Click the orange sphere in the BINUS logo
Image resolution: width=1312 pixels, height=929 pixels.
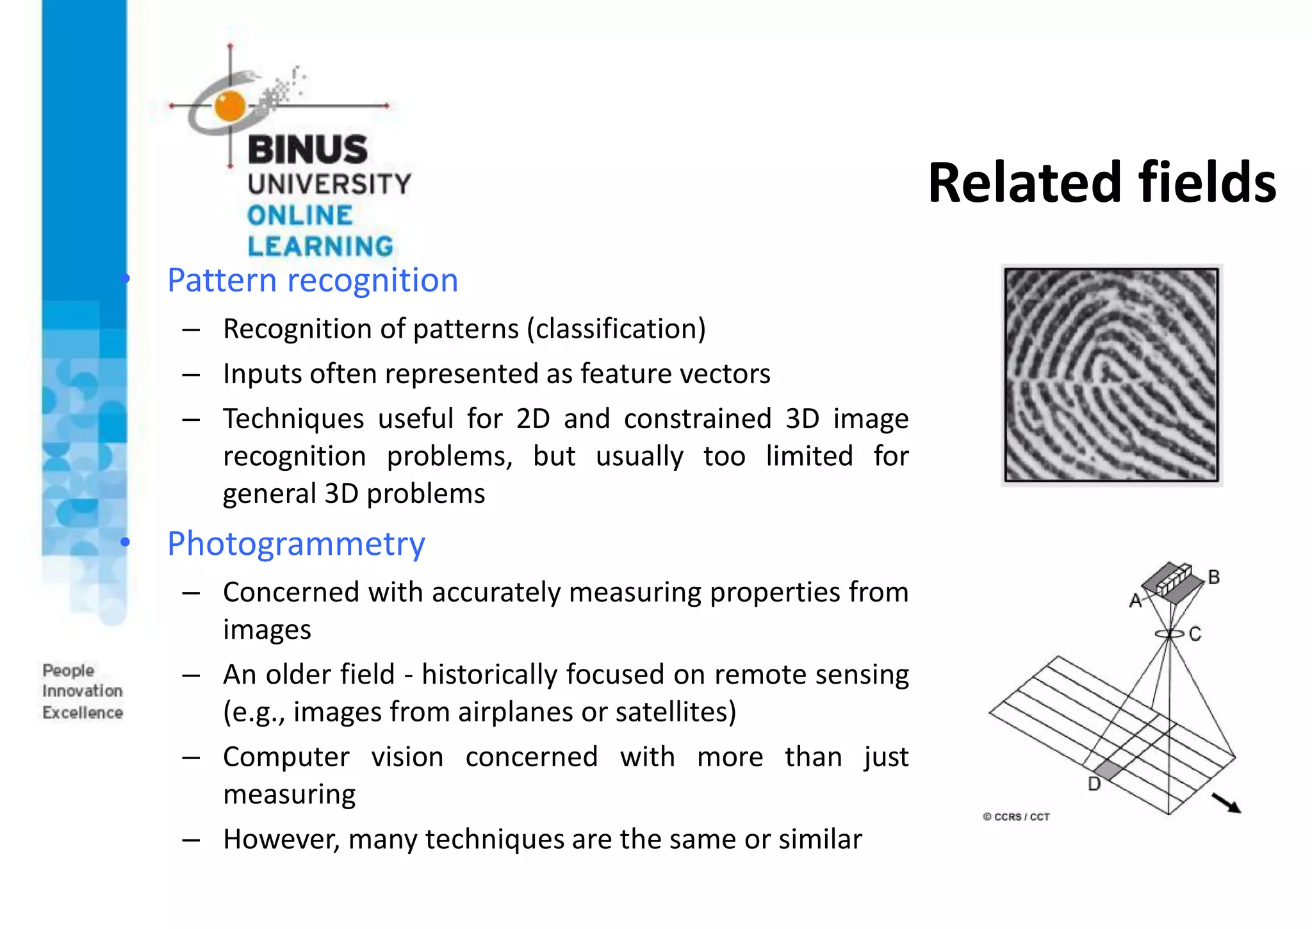tap(230, 106)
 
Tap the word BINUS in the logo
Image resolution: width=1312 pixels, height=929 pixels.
tap(307, 149)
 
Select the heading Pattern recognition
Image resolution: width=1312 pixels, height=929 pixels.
tap(313, 281)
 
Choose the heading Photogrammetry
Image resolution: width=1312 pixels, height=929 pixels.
tap(296, 544)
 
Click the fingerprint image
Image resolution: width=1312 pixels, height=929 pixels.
tap(1111, 375)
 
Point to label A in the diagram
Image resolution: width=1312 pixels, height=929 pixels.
tap(1135, 600)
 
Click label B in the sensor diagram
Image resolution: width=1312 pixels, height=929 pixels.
tap(1213, 577)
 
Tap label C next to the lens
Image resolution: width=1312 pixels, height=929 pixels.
tap(1195, 634)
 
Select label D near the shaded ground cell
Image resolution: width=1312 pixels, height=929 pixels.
tap(1094, 784)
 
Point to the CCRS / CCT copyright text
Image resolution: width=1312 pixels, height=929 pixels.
tap(1017, 817)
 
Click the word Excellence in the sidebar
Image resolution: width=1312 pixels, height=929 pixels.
tap(83, 712)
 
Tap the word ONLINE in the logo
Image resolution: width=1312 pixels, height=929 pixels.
tap(300, 215)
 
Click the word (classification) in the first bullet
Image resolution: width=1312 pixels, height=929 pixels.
tap(616, 329)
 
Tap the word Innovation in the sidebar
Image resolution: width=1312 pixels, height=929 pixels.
tap(83, 691)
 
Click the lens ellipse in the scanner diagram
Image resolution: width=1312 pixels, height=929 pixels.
tap(1170, 634)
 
